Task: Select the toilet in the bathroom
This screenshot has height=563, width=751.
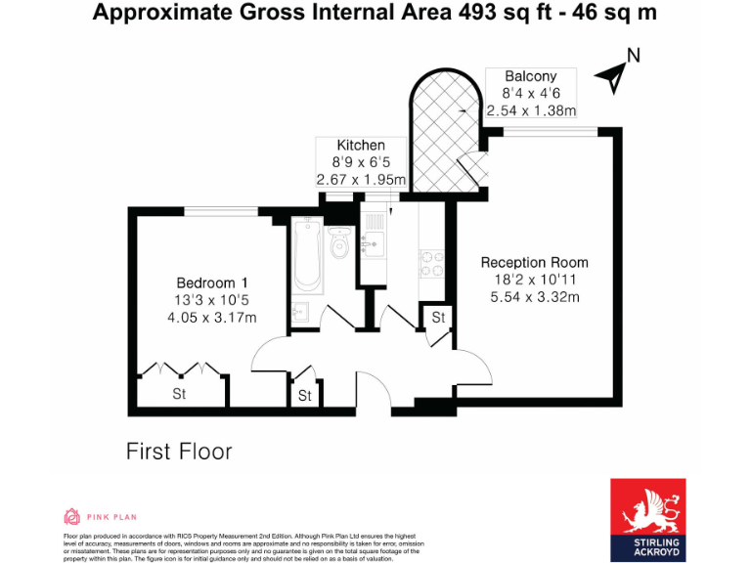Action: (340, 243)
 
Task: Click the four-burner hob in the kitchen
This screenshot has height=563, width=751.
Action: (431, 262)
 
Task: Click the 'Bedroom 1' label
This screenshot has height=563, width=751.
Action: (211, 282)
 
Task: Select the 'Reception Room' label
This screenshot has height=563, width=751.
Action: (534, 262)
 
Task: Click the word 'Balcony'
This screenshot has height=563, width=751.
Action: (530, 76)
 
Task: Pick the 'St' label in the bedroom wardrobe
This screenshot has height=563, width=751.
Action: (179, 394)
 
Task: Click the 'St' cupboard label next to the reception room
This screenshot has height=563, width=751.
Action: (438, 318)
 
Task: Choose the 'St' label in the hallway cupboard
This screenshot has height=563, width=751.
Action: (305, 396)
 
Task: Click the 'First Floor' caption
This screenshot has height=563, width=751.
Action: (179, 452)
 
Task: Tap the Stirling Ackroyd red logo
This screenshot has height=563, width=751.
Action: (649, 519)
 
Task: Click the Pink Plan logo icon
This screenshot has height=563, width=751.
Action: (71, 516)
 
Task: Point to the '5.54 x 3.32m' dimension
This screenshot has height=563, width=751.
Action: (534, 297)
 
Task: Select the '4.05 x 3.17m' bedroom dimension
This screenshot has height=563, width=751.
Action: (211, 317)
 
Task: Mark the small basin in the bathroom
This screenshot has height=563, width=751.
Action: (301, 313)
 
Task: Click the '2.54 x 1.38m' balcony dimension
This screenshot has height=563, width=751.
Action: (531, 110)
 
